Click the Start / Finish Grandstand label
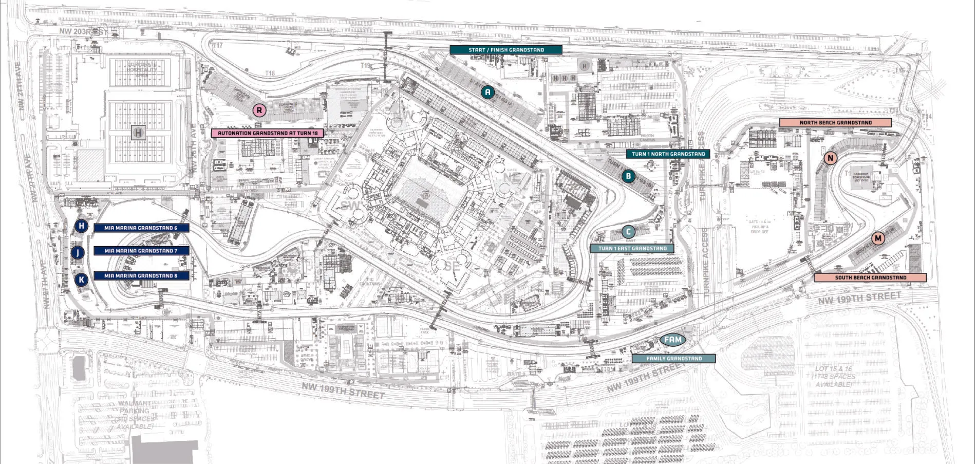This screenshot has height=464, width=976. coord(506,50)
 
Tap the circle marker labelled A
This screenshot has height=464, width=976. coord(488,92)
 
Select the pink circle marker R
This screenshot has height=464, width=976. coord(259,110)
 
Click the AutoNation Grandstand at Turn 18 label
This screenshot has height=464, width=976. coord(268,133)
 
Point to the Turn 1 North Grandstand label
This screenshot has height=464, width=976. coord(668,154)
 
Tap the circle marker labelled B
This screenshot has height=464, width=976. coord(628,176)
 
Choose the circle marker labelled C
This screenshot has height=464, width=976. coord(628,232)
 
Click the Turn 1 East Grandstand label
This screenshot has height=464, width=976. coord(632,249)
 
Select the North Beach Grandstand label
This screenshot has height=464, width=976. coord(835,123)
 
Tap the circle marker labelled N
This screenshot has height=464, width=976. coord(830,158)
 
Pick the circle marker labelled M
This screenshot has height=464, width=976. coord(878,238)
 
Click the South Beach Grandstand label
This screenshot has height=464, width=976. coord(870,277)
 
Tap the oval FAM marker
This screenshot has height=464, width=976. coord(673,340)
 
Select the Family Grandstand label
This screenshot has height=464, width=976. coord(673,359)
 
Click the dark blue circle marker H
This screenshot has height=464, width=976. coord(81,226)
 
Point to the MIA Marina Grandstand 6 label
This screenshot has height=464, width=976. coord(141,228)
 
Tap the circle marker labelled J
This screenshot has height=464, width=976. coord(78,252)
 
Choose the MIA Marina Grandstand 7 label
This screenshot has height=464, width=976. coord(141,251)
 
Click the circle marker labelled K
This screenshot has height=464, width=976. coord(81,280)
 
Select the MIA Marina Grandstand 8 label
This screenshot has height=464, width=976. coord(141,276)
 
